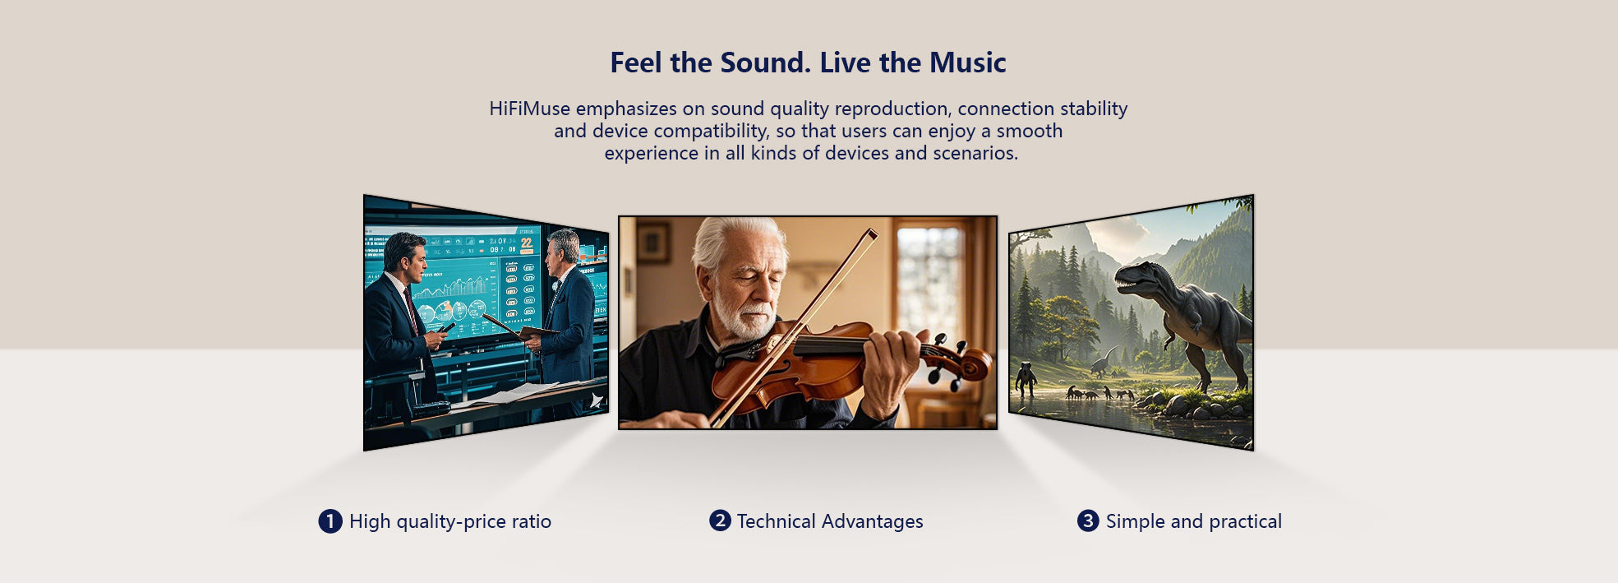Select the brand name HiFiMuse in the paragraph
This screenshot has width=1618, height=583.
(529, 109)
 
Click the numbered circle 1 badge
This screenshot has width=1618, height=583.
(330, 521)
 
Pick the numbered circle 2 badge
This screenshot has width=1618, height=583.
(720, 521)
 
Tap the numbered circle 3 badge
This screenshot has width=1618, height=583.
(1088, 521)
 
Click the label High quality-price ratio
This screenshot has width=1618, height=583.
(450, 521)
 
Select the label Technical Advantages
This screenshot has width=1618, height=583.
(830, 521)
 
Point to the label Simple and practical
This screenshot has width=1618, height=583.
(1193, 521)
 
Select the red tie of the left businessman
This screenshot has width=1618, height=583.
(411, 309)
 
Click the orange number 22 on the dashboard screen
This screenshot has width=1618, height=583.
(527, 243)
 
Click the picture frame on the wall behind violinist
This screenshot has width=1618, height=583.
(653, 243)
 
